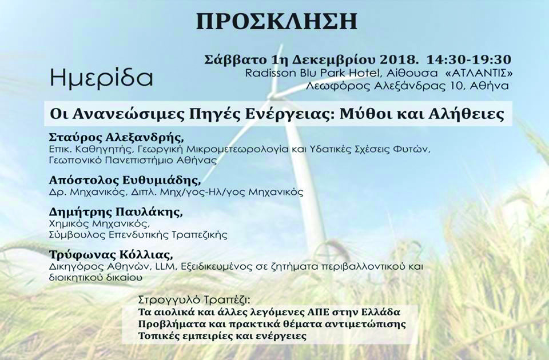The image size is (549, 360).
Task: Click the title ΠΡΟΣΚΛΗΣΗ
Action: [277, 21]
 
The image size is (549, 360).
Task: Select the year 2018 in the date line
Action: [401, 60]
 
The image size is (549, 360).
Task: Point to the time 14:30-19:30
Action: [468, 60]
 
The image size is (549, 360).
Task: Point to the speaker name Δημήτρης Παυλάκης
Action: [116, 213]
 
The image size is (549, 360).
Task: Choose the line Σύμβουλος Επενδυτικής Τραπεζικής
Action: [138, 235]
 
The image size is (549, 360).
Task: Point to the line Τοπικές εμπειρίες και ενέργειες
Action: [222, 336]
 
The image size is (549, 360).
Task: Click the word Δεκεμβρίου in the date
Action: [333, 60]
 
